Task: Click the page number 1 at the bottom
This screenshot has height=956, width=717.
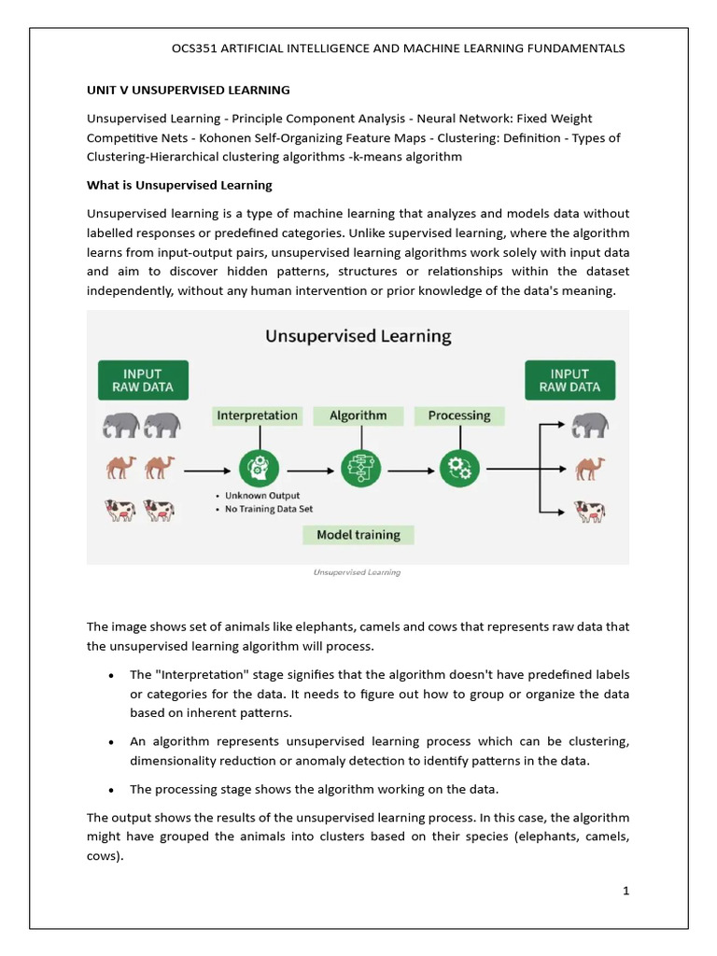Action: pyautogui.click(x=627, y=891)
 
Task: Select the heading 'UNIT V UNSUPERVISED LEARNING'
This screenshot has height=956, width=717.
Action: pyautogui.click(x=189, y=91)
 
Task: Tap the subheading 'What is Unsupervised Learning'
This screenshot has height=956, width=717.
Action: pyautogui.click(x=179, y=185)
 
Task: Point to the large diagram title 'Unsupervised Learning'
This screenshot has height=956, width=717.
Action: pyautogui.click(x=358, y=336)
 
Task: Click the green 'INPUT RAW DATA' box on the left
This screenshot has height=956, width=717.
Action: pyautogui.click(x=143, y=380)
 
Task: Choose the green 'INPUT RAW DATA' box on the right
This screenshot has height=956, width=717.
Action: pyautogui.click(x=569, y=380)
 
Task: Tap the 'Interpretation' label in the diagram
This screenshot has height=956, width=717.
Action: pyautogui.click(x=257, y=415)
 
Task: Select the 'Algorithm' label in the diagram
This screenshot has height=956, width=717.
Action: pyautogui.click(x=358, y=415)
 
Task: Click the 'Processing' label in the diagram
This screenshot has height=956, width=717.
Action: pyautogui.click(x=458, y=415)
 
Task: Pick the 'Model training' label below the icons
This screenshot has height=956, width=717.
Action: pyautogui.click(x=358, y=535)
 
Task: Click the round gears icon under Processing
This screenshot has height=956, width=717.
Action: pyautogui.click(x=459, y=466)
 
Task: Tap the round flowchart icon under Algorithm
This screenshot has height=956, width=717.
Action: pyautogui.click(x=358, y=466)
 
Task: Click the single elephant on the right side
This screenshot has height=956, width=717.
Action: pyautogui.click(x=590, y=426)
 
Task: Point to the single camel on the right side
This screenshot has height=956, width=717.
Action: pyautogui.click(x=590, y=467)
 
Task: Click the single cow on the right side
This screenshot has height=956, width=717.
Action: pyautogui.click(x=590, y=510)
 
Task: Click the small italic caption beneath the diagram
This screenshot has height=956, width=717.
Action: pyautogui.click(x=357, y=572)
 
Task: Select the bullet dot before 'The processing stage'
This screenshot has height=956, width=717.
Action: pyautogui.click(x=111, y=790)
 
